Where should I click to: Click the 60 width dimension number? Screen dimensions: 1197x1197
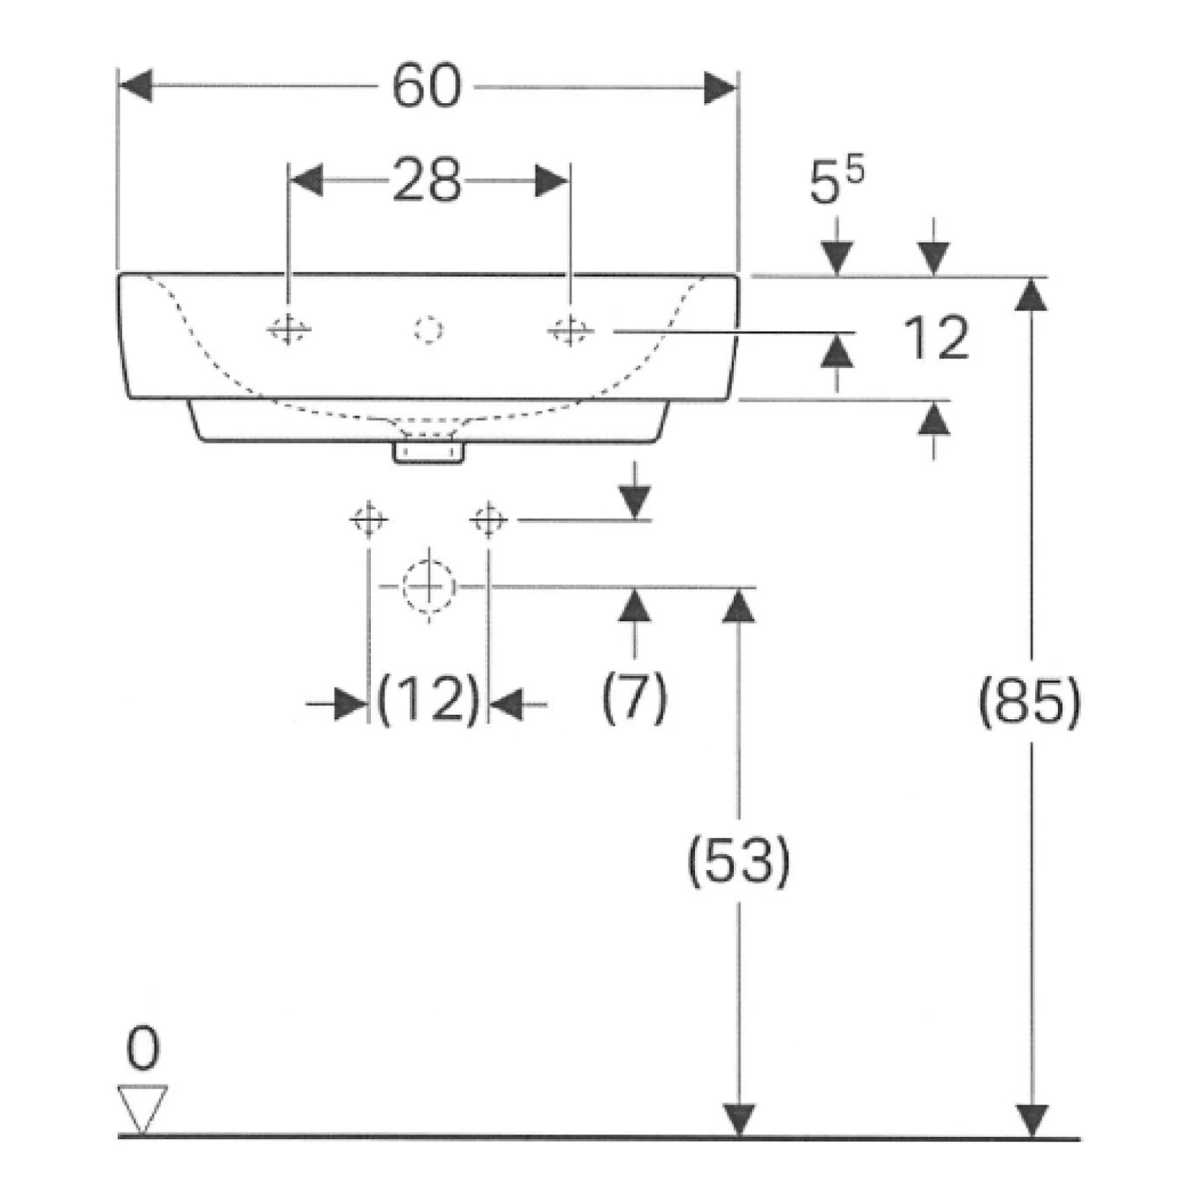[x=427, y=86]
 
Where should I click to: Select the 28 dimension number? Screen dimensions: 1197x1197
[x=427, y=180]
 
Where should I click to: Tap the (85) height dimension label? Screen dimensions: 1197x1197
[x=1030, y=702]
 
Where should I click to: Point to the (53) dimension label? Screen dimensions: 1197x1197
[x=739, y=860]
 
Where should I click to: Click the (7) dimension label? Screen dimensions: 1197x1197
[x=634, y=697]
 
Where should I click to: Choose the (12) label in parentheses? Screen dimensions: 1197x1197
[x=429, y=699]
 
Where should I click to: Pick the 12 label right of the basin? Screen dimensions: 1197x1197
[x=936, y=338]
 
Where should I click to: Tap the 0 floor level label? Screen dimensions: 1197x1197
[x=143, y=1049]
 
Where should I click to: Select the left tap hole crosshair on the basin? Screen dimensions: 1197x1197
[x=288, y=329]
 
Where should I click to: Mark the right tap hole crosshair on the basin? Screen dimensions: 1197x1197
[x=570, y=329]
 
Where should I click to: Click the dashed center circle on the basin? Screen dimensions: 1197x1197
[x=429, y=329]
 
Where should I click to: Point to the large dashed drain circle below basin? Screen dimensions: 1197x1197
[x=429, y=586]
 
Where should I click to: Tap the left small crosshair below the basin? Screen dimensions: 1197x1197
[x=369, y=520]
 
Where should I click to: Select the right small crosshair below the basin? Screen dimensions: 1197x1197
[x=488, y=520]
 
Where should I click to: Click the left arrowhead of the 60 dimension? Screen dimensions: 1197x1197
[x=134, y=86]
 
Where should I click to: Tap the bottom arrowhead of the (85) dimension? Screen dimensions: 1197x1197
[x=1033, y=1120]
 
